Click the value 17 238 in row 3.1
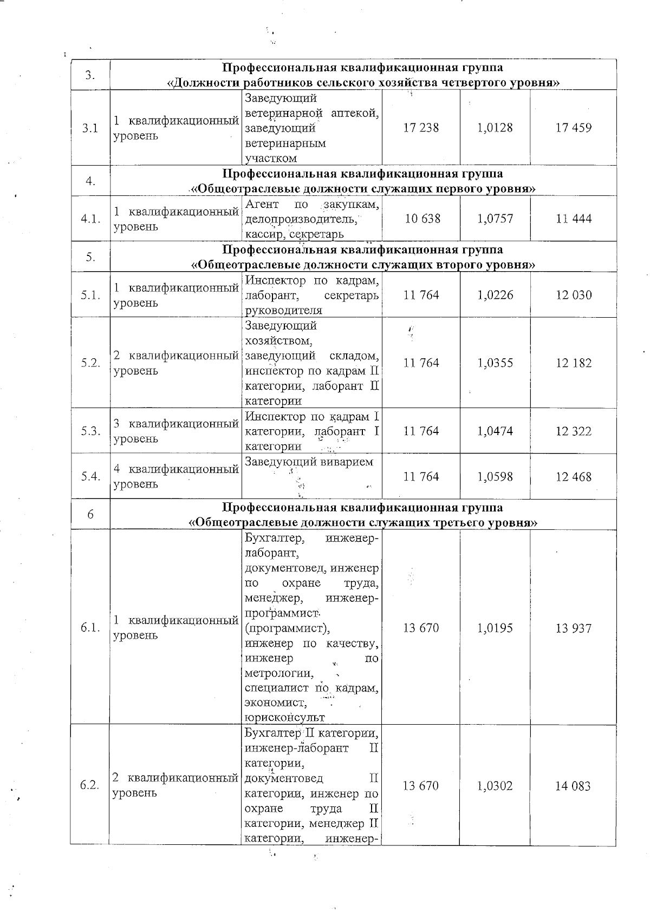(x=421, y=128)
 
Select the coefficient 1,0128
(x=495, y=128)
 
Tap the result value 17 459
(x=573, y=128)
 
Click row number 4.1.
(x=90, y=219)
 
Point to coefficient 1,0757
(x=495, y=219)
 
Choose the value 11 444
(x=573, y=219)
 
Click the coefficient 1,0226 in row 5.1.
(x=495, y=296)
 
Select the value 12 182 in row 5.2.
(x=573, y=363)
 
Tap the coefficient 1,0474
(x=495, y=431)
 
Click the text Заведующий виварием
(x=309, y=462)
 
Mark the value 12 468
(x=573, y=477)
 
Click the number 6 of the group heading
(x=90, y=515)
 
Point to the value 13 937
(x=573, y=628)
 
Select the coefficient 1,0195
(x=495, y=628)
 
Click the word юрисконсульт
(x=284, y=718)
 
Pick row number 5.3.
(x=90, y=431)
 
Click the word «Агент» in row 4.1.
(x=262, y=205)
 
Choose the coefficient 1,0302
(x=495, y=786)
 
